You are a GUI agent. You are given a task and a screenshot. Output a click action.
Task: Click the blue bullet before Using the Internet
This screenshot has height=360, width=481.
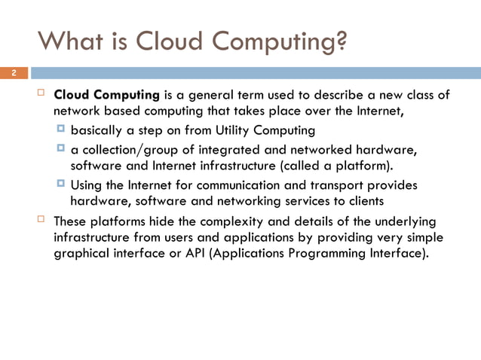tap(61, 184)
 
